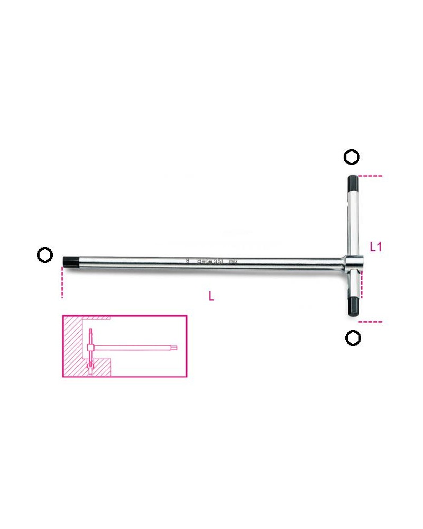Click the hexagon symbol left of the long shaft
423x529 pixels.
tap(45, 255)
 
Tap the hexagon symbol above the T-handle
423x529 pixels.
tap(352, 157)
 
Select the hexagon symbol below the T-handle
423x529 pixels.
tap(353, 338)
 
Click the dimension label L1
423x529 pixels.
tap(375, 247)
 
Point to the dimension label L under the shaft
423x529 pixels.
tap(212, 297)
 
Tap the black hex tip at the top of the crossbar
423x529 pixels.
tap(353, 186)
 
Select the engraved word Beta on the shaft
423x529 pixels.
tap(205, 260)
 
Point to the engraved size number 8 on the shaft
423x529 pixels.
tap(188, 260)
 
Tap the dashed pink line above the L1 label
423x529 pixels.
tap(370, 176)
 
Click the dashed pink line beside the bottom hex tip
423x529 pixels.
tap(370, 321)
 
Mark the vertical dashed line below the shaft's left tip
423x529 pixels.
tap(62, 283)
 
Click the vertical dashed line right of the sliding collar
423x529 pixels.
tap(363, 284)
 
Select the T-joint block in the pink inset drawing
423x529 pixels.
tap(90, 348)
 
